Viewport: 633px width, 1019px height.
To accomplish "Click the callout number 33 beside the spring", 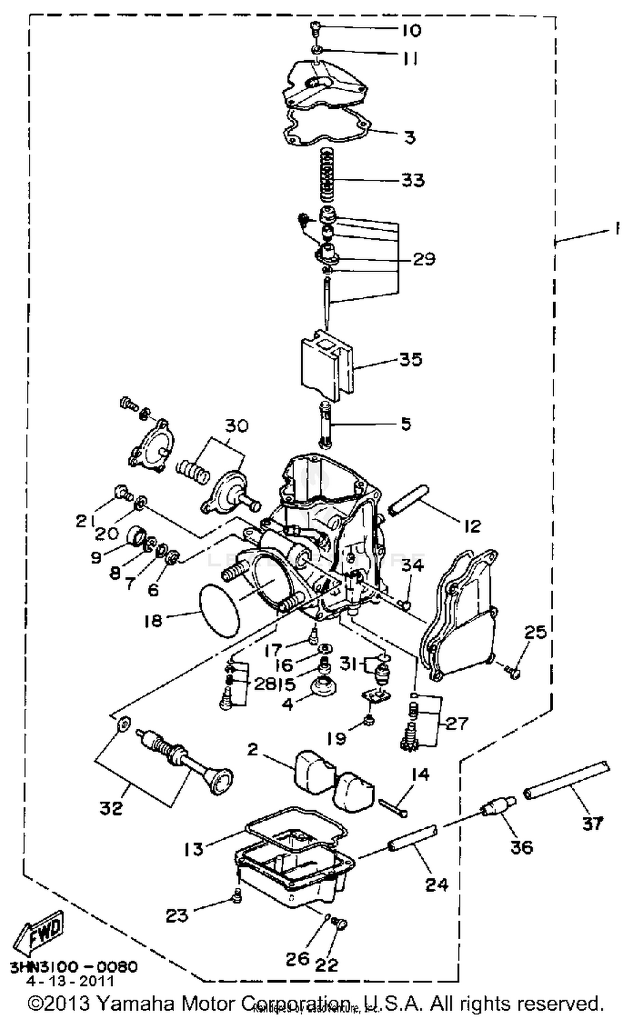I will tap(412, 181).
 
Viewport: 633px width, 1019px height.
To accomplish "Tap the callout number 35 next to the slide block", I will tap(411, 360).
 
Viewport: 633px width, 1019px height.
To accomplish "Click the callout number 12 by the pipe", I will tap(472, 526).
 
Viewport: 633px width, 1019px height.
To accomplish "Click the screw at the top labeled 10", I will tap(316, 28).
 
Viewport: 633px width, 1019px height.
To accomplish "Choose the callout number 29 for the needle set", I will tap(423, 259).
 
